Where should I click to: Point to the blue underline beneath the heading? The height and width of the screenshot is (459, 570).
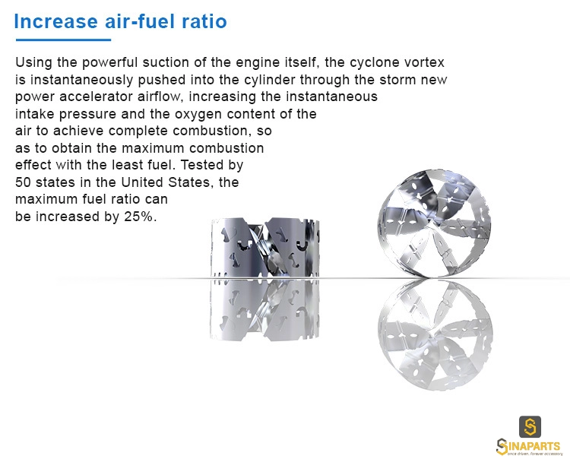pos(63,40)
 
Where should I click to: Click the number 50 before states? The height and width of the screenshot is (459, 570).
pos(24,182)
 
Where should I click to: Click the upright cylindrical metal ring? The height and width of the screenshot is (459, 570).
pos(265,248)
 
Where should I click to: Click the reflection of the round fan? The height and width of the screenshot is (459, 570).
pos(435,334)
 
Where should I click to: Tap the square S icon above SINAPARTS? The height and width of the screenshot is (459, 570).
pos(530,426)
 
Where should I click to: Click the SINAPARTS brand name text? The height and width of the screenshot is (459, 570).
pos(528,446)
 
